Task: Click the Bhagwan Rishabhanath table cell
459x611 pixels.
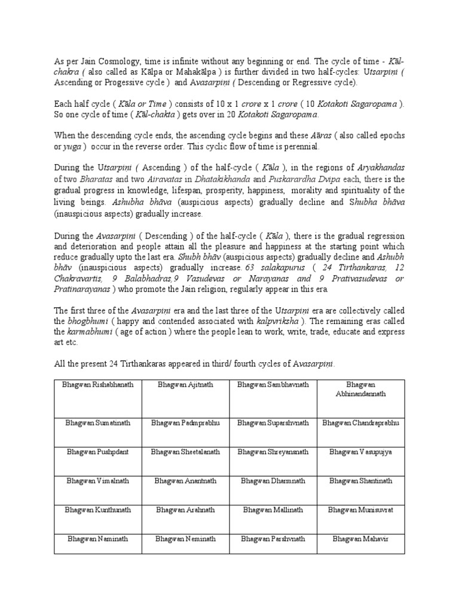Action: (x=98, y=385)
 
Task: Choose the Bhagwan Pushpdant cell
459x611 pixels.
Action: (x=98, y=452)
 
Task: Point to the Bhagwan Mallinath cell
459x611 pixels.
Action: (x=273, y=510)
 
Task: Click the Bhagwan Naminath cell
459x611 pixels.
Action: (x=98, y=538)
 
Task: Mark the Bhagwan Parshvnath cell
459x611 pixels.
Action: (x=273, y=538)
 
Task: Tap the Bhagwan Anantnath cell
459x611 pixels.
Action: (x=185, y=481)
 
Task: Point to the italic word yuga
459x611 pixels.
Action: (x=73, y=146)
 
